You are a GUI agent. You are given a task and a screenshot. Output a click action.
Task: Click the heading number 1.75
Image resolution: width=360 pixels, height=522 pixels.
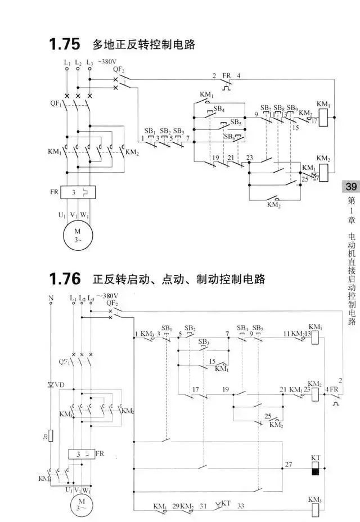click(x=62, y=44)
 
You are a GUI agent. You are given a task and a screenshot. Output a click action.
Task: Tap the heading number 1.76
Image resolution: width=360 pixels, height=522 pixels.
click(x=62, y=279)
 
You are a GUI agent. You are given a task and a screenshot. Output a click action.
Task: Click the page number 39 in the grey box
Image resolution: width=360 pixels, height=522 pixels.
click(x=350, y=187)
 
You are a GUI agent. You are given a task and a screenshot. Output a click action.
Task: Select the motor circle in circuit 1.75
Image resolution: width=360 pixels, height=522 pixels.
click(x=78, y=233)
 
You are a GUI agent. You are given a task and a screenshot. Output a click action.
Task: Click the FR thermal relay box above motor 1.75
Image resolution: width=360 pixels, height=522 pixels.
click(x=78, y=193)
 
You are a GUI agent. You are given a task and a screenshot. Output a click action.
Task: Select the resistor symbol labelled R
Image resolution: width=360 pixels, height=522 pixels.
click(x=51, y=435)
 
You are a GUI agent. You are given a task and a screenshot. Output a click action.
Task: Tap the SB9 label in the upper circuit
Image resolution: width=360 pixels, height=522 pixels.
click(x=291, y=107)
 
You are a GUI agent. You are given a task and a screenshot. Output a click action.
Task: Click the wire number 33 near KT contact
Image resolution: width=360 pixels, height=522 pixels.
click(x=241, y=506)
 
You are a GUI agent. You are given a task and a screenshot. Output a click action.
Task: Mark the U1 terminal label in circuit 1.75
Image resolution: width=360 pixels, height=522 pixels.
click(x=62, y=214)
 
